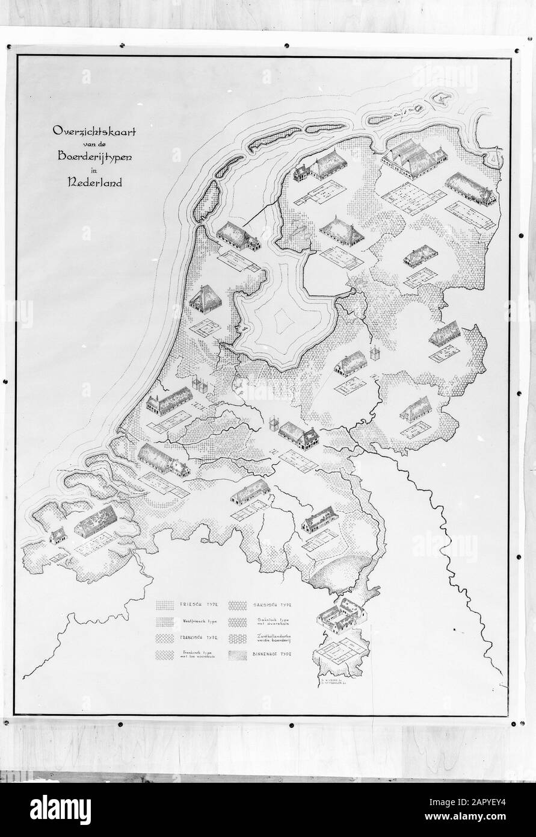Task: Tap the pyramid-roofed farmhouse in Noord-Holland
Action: [203, 299]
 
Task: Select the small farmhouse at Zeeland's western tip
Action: [58, 534]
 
